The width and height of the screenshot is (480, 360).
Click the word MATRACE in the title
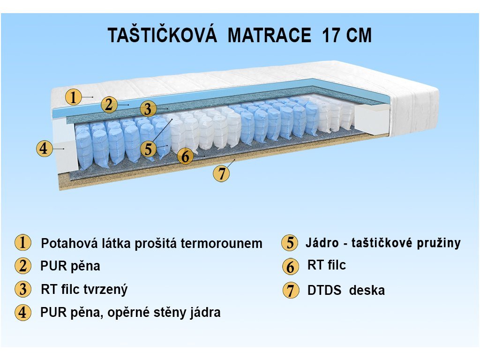[270, 35]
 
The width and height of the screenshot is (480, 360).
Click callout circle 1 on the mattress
[74, 97]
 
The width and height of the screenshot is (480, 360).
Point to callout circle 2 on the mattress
[109, 105]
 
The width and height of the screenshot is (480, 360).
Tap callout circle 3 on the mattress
[148, 109]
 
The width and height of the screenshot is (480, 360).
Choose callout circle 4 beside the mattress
[45, 149]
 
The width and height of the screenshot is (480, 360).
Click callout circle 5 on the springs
[149, 149]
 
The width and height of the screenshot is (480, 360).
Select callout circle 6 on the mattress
[186, 156]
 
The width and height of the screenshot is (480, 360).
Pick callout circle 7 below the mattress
[221, 173]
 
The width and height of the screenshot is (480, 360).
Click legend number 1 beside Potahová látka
[23, 243]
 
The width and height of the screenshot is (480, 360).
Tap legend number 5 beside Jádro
[290, 243]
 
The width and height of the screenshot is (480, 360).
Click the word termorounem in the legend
[221, 244]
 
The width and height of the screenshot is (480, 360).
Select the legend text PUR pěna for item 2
[70, 266]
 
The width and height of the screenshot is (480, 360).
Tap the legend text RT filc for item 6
[327, 265]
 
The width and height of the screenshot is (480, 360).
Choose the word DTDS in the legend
[324, 290]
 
